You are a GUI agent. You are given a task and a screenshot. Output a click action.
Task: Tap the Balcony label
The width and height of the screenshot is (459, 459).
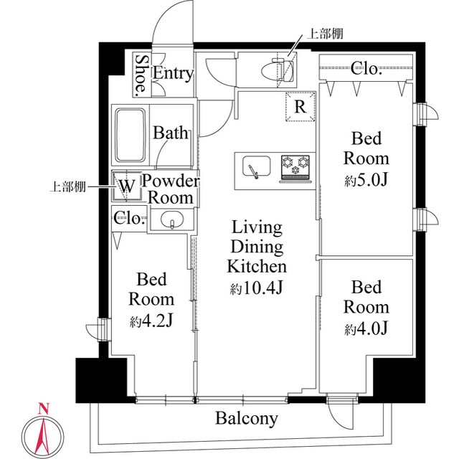[247, 419]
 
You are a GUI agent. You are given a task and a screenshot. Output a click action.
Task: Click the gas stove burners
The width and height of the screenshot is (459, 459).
[295, 167]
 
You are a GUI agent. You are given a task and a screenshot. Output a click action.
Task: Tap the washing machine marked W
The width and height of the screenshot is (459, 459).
[126, 186]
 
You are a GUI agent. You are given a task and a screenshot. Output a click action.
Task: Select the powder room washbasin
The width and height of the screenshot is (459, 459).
[171, 219]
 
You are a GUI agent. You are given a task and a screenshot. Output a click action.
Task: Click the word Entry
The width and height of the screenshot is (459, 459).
[173, 73]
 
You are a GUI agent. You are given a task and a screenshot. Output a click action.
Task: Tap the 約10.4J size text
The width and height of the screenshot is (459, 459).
[257, 289]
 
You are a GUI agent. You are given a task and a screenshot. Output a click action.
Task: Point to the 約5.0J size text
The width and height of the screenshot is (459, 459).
[366, 180]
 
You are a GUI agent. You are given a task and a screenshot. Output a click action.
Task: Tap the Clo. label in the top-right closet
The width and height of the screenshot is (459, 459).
[366, 69]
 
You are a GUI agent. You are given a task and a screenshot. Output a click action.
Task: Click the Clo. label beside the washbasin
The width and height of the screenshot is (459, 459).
[129, 218]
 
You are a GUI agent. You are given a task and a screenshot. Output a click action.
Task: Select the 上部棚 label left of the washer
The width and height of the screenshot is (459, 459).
[67, 186]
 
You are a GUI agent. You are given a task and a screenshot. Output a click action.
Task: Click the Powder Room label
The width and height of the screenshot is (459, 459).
[169, 189]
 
